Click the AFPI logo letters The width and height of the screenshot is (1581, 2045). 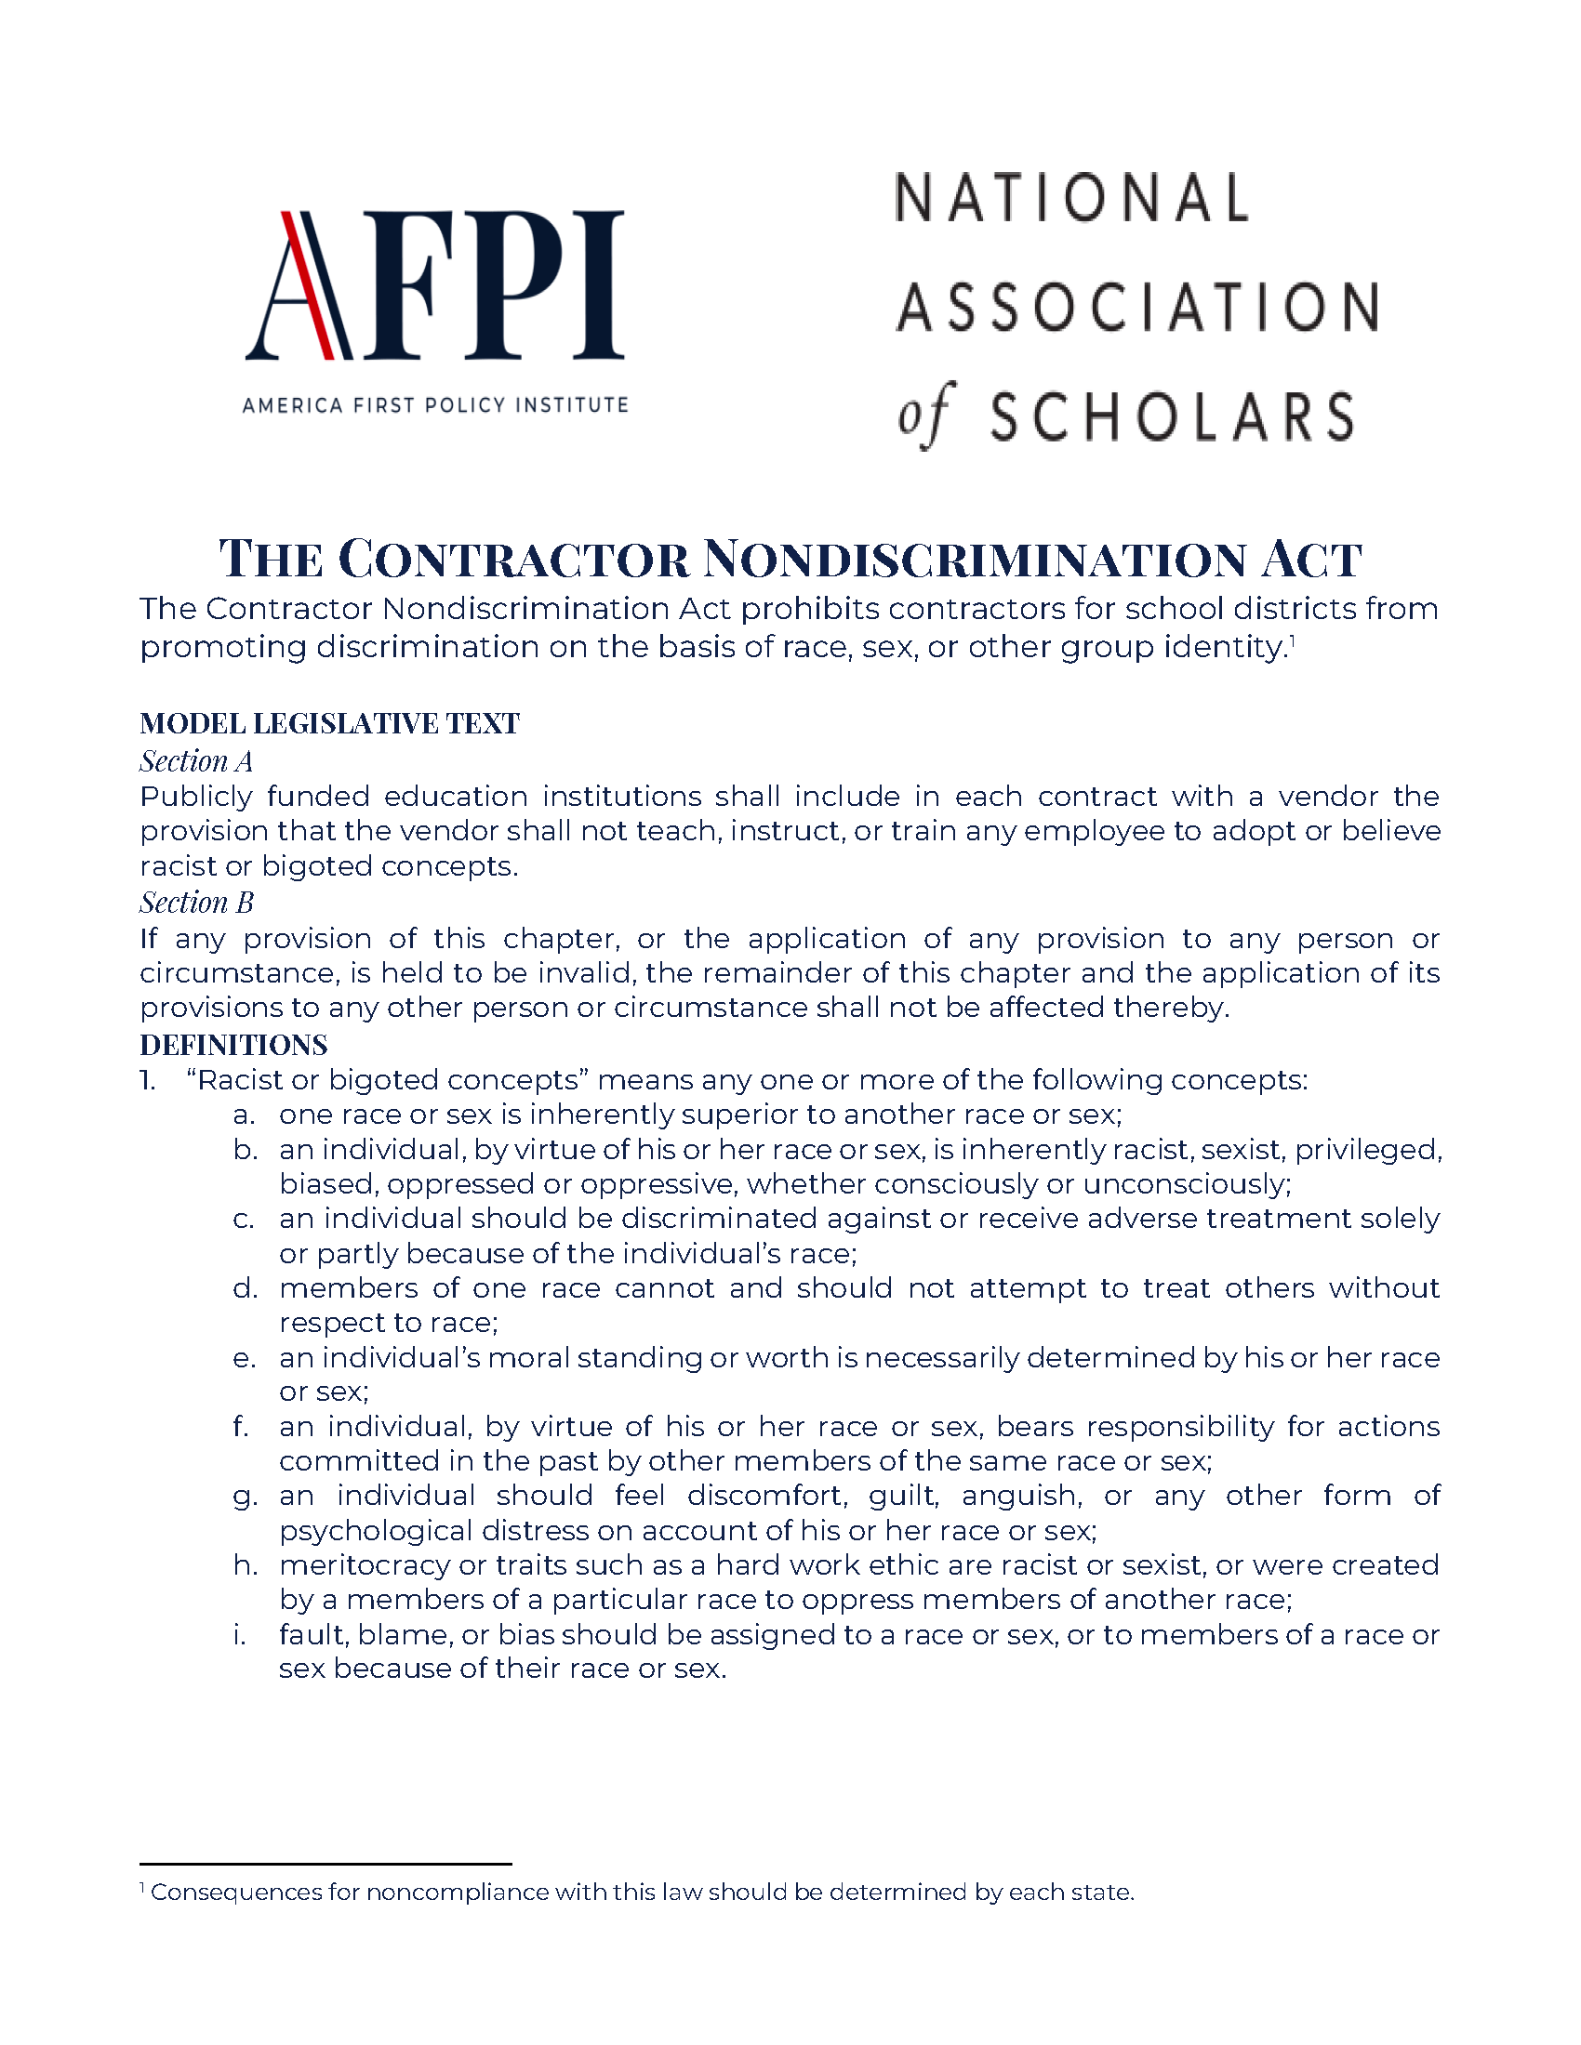[434, 285]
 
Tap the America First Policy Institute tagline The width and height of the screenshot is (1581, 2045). [434, 405]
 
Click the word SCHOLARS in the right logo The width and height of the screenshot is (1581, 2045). [1172, 416]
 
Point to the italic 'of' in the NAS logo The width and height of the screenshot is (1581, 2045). [924, 415]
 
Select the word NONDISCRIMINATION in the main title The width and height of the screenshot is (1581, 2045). [974, 560]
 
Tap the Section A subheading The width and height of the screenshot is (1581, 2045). [196, 761]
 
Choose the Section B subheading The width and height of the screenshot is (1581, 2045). [196, 903]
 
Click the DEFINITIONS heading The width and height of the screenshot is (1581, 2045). [233, 1045]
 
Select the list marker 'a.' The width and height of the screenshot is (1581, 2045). [244, 1115]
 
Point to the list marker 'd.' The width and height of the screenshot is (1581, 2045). [245, 1288]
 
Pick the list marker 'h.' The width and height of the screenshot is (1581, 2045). [245, 1565]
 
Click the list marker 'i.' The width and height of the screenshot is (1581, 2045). [240, 1635]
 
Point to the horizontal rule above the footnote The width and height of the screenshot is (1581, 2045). [325, 1865]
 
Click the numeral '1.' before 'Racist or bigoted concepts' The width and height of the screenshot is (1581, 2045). [148, 1080]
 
